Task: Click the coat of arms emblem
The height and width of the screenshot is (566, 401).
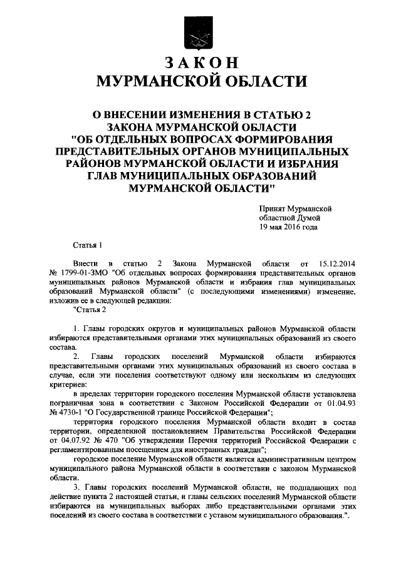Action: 200,32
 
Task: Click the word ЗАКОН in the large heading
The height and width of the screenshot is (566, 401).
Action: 200,63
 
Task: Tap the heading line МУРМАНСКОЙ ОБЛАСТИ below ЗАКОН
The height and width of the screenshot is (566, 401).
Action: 200,81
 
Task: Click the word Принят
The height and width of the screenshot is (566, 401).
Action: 274,208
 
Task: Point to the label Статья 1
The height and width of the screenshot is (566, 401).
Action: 87,245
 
